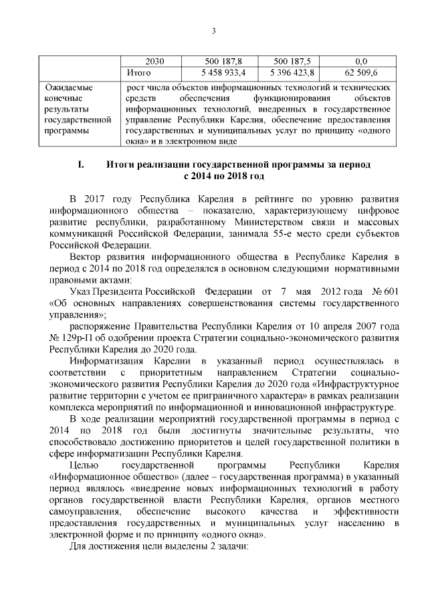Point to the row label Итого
pyautogui.click(x=139, y=72)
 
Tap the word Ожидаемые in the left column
pyautogui.click(x=68, y=88)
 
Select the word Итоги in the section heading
pyautogui.click(x=122, y=164)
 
